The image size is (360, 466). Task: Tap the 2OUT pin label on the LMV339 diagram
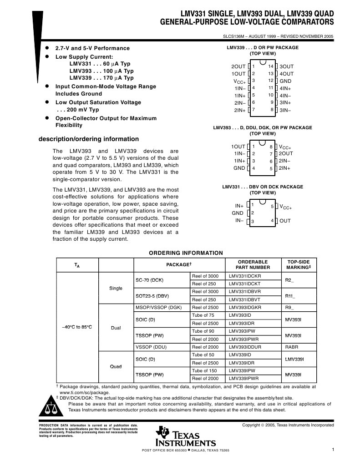[238, 66]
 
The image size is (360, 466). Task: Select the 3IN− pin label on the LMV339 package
[285, 110]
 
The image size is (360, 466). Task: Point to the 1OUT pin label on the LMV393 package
[238, 147]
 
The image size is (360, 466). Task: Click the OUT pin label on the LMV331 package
[285, 221]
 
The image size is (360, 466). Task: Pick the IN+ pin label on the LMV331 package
[239, 206]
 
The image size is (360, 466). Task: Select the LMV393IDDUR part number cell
[248, 347]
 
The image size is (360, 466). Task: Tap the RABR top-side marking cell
[291, 347]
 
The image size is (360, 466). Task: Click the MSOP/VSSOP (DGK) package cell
[158, 308]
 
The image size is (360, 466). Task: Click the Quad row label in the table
[116, 366]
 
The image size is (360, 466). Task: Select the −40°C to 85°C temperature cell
[77, 327]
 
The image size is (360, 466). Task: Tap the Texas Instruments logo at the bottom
[185, 437]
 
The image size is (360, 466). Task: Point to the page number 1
[333, 450]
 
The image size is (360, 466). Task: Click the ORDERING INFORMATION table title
[186, 253]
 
